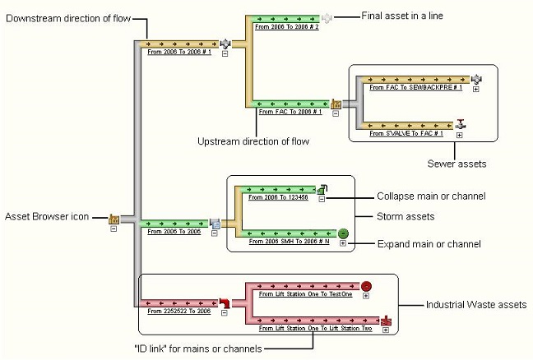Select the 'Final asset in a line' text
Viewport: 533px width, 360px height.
[401, 16]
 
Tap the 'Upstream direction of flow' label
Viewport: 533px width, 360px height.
[253, 141]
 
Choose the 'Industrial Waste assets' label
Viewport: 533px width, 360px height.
[475, 305]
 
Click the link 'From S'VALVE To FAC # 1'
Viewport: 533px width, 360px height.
[407, 132]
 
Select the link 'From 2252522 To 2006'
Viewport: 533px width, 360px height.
[179, 312]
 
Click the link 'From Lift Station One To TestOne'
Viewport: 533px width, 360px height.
[304, 293]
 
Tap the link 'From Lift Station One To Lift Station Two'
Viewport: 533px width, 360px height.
[314, 328]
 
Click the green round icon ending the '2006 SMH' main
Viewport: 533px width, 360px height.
[343, 233]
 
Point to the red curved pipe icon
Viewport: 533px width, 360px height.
[222, 302]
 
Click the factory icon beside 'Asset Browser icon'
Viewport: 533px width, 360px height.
[114, 219]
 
